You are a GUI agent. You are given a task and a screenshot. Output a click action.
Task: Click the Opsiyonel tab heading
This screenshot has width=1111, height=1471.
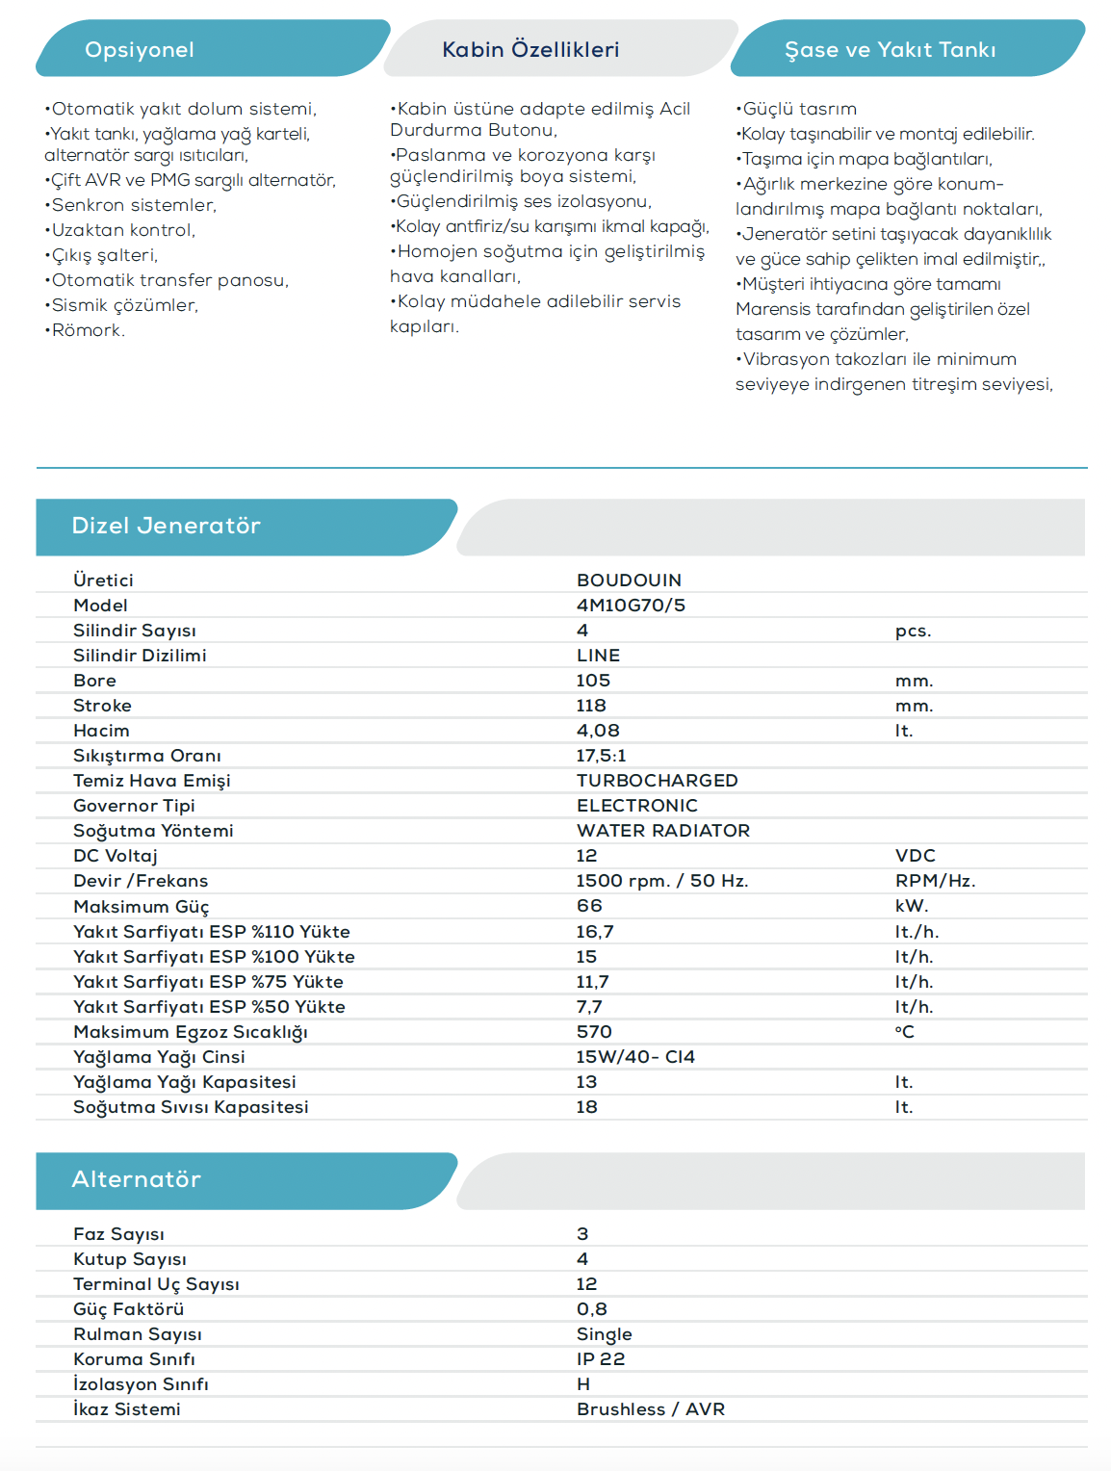[x=140, y=50]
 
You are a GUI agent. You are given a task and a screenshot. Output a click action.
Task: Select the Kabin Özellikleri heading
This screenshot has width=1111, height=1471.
[x=530, y=50]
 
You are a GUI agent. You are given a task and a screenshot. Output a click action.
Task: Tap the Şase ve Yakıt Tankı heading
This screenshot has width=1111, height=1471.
[x=890, y=50]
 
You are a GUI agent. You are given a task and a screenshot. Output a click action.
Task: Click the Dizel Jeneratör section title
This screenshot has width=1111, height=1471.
[x=166, y=526]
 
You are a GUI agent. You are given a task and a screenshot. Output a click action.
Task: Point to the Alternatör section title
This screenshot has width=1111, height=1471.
[x=136, y=1179]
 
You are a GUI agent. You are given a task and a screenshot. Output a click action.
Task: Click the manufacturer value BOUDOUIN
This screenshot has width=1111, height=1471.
[x=629, y=581]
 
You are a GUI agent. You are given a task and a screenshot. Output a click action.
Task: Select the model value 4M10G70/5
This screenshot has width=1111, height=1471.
[x=631, y=606]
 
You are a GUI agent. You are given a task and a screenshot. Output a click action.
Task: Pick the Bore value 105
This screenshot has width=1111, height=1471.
[x=593, y=681]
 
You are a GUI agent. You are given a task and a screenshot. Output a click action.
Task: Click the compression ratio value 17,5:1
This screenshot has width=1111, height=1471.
[x=601, y=756]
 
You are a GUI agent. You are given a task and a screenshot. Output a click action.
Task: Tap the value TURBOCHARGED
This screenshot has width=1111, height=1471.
[x=657, y=781]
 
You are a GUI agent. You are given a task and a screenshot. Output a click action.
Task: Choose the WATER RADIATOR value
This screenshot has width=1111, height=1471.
[x=662, y=831]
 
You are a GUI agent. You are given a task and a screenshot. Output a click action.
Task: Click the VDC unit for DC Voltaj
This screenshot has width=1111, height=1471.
[x=915, y=856]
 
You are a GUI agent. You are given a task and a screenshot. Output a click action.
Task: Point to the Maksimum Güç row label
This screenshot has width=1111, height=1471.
[x=141, y=907]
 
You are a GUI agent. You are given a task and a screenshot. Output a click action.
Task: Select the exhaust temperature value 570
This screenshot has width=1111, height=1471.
[x=594, y=1032]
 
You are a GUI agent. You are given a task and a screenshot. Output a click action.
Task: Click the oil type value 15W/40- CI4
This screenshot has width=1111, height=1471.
[x=635, y=1057]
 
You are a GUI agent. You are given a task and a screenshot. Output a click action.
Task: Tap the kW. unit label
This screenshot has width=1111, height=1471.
[x=911, y=906]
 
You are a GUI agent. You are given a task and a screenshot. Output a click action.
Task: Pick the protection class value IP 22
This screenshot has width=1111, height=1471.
[x=601, y=1359]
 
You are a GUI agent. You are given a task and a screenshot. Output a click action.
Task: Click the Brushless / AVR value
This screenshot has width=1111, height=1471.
[x=651, y=1409]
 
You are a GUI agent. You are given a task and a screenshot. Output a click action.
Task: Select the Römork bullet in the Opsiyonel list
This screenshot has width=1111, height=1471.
[x=88, y=330]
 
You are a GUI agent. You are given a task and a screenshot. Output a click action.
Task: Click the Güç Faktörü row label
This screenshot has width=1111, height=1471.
[x=128, y=1309]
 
